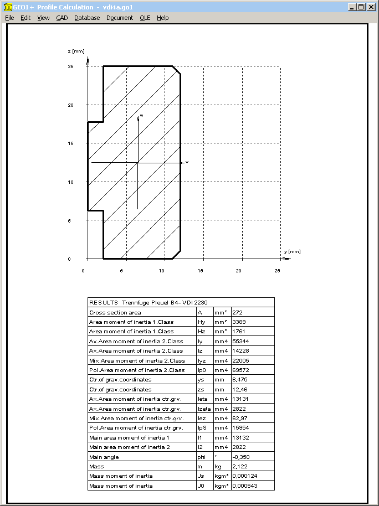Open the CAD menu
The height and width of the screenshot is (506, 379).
[62, 18]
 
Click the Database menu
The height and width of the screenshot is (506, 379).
[87, 18]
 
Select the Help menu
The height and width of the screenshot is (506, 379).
[162, 18]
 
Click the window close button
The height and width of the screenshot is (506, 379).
[371, 7]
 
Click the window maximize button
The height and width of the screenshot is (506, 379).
[361, 7]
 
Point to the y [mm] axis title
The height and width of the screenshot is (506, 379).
[292, 251]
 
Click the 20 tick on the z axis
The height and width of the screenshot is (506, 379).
[70, 105]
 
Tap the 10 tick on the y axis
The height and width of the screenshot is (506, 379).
[161, 271]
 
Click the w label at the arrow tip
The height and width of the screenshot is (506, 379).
[141, 116]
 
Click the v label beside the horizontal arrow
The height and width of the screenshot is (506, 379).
[187, 162]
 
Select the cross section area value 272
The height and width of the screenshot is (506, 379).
[238, 312]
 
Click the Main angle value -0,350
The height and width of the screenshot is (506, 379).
[242, 457]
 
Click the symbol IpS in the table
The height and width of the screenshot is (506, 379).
[203, 428]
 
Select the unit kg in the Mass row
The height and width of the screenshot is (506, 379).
[218, 466]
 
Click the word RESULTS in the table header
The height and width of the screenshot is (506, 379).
[103, 303]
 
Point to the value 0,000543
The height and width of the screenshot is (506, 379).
[245, 486]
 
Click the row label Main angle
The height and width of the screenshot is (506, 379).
[104, 457]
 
